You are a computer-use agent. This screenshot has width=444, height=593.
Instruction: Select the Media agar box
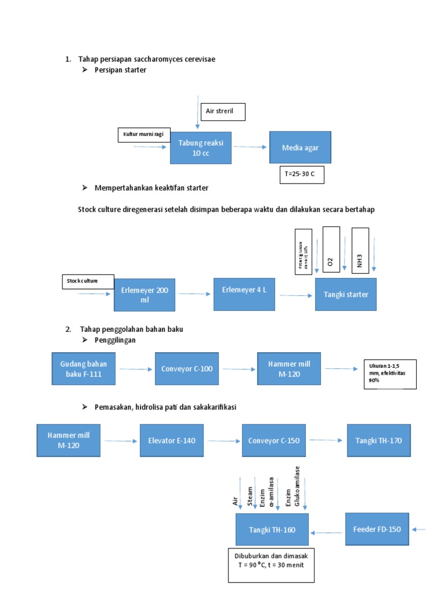(300, 147)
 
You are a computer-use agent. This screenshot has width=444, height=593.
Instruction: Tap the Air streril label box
(223, 112)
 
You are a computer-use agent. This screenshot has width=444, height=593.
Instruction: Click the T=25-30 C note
(302, 174)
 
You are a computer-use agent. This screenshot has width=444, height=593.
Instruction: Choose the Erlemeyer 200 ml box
(145, 294)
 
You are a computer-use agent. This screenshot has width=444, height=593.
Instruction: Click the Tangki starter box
(346, 294)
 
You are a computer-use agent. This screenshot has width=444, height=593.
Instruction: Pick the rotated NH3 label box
(360, 250)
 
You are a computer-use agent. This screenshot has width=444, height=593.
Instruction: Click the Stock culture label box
(88, 281)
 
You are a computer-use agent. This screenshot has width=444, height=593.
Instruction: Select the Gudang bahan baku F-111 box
(83, 368)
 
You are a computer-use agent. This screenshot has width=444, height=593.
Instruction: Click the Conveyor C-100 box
(187, 368)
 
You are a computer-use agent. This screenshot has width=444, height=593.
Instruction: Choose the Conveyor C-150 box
(273, 441)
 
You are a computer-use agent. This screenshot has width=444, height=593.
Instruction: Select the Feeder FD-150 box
(377, 529)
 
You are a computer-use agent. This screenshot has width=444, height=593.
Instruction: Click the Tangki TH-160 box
(272, 529)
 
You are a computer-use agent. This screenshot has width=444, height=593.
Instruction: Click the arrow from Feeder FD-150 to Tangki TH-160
(327, 532)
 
